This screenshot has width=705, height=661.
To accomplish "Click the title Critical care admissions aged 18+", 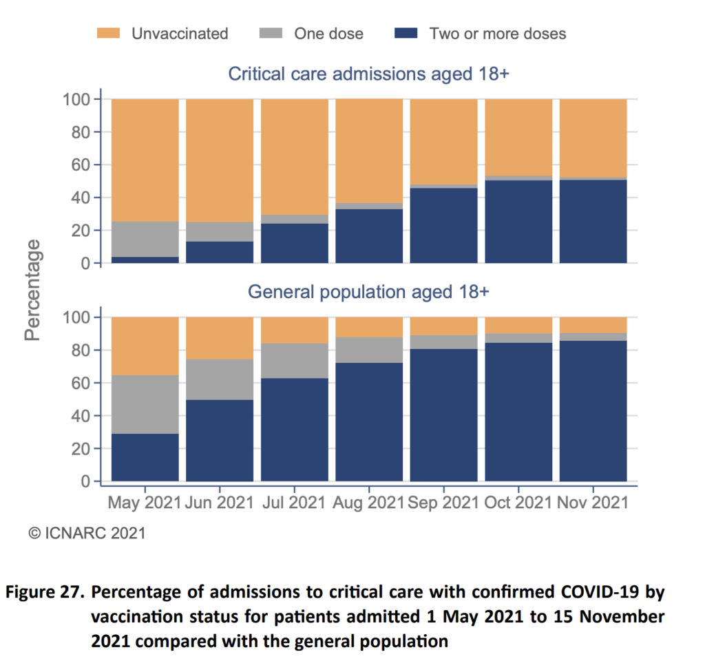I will (x=368, y=74).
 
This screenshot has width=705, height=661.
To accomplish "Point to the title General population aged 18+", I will (x=368, y=292).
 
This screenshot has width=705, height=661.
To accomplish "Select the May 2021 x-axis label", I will (x=145, y=503).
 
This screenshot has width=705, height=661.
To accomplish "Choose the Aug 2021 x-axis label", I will (x=369, y=503).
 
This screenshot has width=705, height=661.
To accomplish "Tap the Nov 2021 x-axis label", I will (x=593, y=503).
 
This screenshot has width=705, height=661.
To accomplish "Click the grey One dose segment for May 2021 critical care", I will (x=145, y=240).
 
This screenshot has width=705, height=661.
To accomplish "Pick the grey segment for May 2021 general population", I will (x=145, y=404).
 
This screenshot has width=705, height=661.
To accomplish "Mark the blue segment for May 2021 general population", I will (x=145, y=457).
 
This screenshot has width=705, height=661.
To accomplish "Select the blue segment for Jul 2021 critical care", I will (x=295, y=243).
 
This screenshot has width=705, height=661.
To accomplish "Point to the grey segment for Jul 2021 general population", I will (x=295, y=361).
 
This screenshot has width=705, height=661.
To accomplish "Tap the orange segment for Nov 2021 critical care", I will (x=593, y=138).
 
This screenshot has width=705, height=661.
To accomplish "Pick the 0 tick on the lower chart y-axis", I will (x=86, y=481).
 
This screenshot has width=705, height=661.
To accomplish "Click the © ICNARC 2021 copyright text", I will (x=86, y=532).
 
